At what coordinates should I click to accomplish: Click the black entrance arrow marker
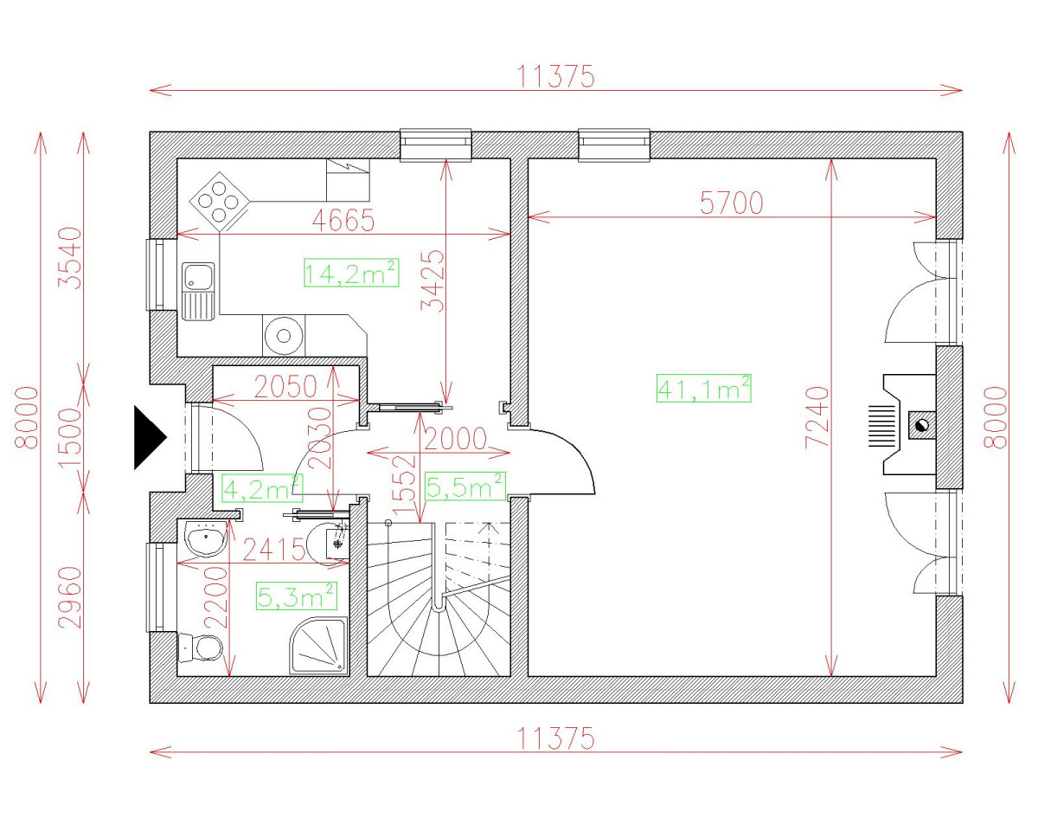click(x=150, y=437)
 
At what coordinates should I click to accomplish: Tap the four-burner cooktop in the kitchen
click(x=220, y=202)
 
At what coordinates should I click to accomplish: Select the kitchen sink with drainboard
click(x=198, y=291)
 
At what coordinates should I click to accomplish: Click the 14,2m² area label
click(x=351, y=274)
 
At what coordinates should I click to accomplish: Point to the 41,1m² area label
click(x=704, y=388)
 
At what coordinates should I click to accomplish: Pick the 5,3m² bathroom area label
click(x=296, y=596)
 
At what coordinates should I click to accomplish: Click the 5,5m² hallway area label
click(x=465, y=486)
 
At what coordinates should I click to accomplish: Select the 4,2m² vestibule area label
click(x=262, y=489)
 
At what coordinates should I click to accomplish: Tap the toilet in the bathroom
click(x=200, y=647)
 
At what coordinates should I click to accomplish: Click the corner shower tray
click(x=319, y=646)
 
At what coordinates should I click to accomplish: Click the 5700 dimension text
click(x=731, y=203)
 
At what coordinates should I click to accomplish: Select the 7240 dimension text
click(x=817, y=417)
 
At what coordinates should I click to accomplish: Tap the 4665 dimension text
click(x=343, y=220)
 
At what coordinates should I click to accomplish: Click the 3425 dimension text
click(x=432, y=281)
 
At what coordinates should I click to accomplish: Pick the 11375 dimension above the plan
click(x=555, y=76)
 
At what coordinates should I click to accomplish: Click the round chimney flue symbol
click(x=922, y=425)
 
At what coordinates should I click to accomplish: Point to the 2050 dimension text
click(x=285, y=386)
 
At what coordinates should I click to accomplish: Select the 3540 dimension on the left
click(x=70, y=258)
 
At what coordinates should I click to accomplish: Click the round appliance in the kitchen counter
click(x=284, y=336)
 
